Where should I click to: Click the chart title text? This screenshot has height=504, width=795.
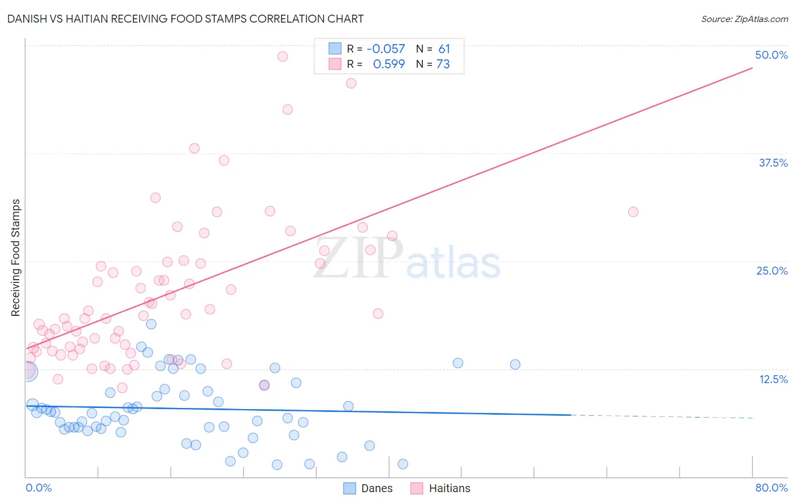click(185, 19)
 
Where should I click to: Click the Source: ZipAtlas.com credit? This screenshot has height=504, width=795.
click(744, 19)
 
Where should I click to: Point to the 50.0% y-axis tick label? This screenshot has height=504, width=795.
click(771, 55)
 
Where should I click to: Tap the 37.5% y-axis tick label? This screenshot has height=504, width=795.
click(772, 163)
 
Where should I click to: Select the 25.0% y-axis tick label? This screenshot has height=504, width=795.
click(771, 271)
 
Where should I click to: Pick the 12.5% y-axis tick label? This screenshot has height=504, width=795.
click(772, 379)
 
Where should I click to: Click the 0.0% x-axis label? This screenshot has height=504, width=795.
click(38, 488)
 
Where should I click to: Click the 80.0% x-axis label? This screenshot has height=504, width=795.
click(771, 488)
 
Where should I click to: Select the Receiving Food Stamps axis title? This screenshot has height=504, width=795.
click(15, 258)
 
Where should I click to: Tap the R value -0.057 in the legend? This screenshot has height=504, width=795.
click(386, 49)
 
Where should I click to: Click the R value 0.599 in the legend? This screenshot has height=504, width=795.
click(388, 64)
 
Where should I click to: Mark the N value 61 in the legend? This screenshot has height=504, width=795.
click(444, 49)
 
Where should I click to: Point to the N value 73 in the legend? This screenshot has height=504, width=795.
click(443, 64)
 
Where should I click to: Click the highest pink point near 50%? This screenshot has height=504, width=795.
click(283, 57)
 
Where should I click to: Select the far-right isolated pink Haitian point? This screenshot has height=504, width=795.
click(633, 212)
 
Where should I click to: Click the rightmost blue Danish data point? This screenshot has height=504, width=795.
click(515, 364)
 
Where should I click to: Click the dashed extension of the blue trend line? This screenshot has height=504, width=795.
click(662, 416)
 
